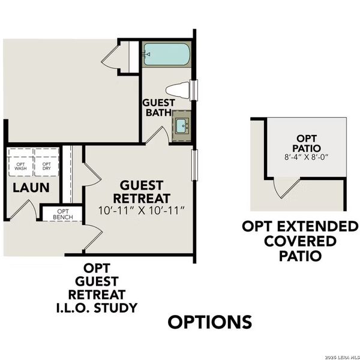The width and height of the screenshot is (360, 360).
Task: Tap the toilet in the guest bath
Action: click(179, 89)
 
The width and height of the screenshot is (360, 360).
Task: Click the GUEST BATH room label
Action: click(158, 107)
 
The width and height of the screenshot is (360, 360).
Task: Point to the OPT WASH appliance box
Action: click(21, 165)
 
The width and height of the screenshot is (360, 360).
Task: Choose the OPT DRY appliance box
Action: click(46, 165)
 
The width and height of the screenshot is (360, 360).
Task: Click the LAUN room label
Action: click(31, 188)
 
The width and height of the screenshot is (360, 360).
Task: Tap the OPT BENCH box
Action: click(62, 214)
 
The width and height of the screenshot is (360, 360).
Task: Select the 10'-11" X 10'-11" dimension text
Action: click(140, 211)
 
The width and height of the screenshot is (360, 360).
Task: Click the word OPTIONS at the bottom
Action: click(209, 322)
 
